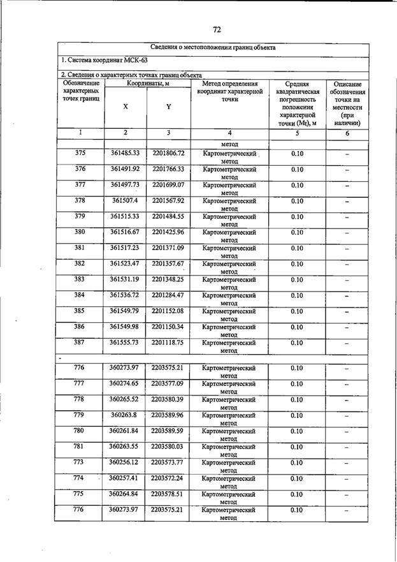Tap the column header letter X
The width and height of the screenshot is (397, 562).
pos(125,107)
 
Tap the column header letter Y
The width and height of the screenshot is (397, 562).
pos(168,107)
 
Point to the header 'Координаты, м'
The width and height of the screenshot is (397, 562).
pos(147,83)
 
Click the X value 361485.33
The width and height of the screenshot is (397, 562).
pos(125,154)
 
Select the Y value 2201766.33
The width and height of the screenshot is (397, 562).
pos(168,169)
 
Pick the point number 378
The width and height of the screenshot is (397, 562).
pos(80,200)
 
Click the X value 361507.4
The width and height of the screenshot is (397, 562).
pos(125,200)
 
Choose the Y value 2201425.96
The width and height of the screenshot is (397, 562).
pos(168,232)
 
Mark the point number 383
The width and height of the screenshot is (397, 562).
pos(80,279)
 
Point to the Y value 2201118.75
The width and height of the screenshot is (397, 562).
pos(168,343)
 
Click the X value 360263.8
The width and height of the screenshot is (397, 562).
pos(125,415)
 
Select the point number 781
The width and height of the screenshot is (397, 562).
pos(80,447)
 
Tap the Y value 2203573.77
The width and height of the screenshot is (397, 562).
pos(168,462)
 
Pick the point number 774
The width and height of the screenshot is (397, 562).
pos(80,478)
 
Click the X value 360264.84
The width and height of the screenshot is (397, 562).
pos(125,494)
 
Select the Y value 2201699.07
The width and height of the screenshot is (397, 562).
pos(168,185)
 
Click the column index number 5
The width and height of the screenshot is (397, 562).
pos(297,133)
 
